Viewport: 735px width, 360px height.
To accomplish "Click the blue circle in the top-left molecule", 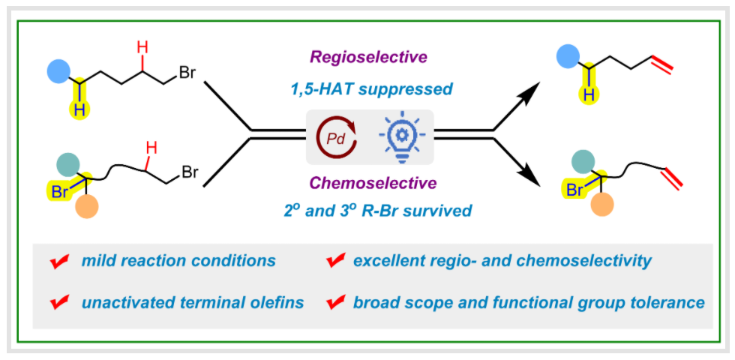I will (x=58, y=72).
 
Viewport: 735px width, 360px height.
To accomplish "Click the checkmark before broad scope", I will (x=334, y=303).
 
